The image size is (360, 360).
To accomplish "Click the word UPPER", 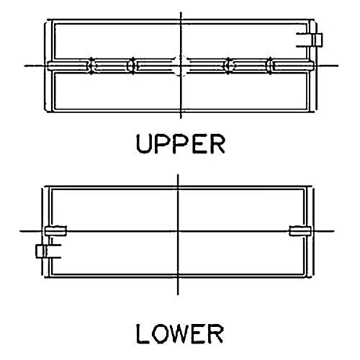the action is (181, 144).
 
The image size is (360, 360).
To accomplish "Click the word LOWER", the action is (180, 334).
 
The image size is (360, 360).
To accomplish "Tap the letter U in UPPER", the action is (144, 144).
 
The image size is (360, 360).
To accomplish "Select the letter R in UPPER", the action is (217, 144).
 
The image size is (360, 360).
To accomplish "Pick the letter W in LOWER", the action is (180, 334).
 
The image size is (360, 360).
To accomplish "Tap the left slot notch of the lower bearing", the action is (55, 231).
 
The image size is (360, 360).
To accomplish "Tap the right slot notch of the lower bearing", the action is (300, 231).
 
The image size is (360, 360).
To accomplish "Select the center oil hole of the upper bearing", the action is (181, 66).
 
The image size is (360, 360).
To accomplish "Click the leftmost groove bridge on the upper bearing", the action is (91, 66).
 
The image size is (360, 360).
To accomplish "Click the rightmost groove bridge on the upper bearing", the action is (270, 66).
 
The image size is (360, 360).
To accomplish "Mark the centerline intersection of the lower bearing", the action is (178, 231).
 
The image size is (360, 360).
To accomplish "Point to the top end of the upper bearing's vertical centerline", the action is (181, 12).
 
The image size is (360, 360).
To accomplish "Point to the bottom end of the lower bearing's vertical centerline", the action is (178, 294).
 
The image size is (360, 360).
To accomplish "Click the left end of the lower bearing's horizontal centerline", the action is (20, 231).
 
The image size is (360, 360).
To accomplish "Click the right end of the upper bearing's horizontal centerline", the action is (338, 66).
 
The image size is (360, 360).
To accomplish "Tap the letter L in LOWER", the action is (142, 334).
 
